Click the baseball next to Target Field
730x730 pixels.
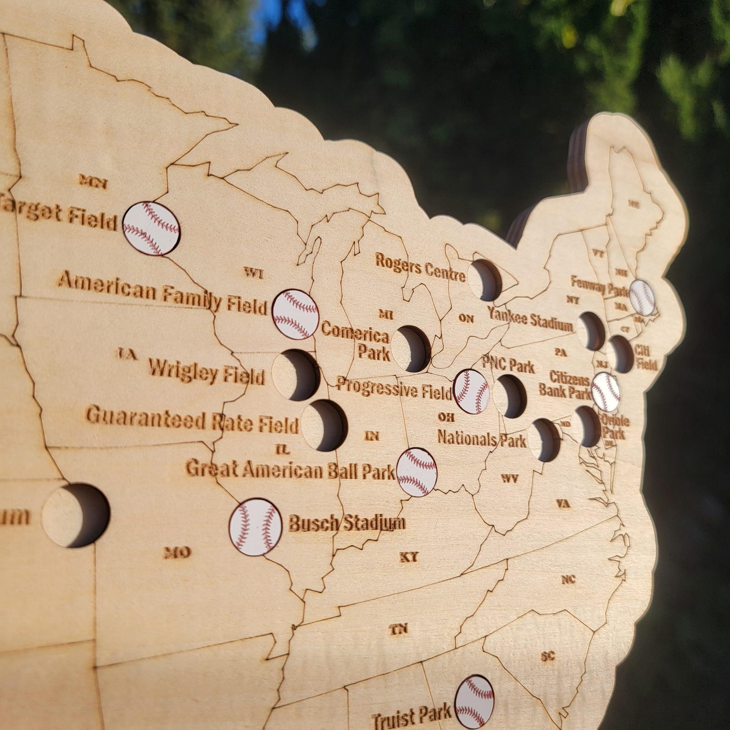click(x=152, y=228)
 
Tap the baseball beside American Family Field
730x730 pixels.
click(x=295, y=314)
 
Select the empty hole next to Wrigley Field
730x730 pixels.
click(x=296, y=374)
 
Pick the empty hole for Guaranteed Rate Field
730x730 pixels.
click(x=325, y=424)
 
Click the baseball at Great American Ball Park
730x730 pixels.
click(x=416, y=472)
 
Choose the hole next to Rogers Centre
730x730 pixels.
click(x=485, y=280)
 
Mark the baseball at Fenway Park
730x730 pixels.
click(x=642, y=297)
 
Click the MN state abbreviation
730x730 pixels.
click(x=93, y=182)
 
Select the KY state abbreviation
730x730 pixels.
click(x=409, y=557)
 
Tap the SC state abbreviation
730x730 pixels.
click(x=548, y=656)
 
